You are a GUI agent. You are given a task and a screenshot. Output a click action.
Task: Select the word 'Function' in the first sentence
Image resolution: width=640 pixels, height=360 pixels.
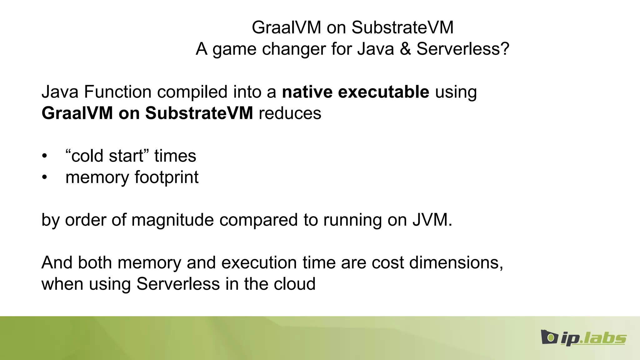coord(118,92)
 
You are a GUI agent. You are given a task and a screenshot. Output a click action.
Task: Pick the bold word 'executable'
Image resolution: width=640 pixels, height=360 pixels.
coord(383,92)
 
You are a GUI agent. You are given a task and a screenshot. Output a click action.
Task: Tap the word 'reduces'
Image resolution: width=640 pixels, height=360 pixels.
coord(290,113)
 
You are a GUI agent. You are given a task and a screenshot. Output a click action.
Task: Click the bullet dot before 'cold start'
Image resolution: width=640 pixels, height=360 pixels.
coord(45,156)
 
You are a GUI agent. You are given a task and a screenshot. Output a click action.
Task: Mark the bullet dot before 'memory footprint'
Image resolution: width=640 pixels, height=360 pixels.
coord(45,177)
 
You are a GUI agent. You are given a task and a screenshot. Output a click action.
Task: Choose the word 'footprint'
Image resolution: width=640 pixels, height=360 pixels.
coord(166,177)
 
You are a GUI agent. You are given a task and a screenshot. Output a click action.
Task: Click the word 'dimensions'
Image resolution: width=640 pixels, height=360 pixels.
coord(455,262)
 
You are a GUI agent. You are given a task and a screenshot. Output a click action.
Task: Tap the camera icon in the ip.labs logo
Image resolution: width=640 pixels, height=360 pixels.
coord(549,337)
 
